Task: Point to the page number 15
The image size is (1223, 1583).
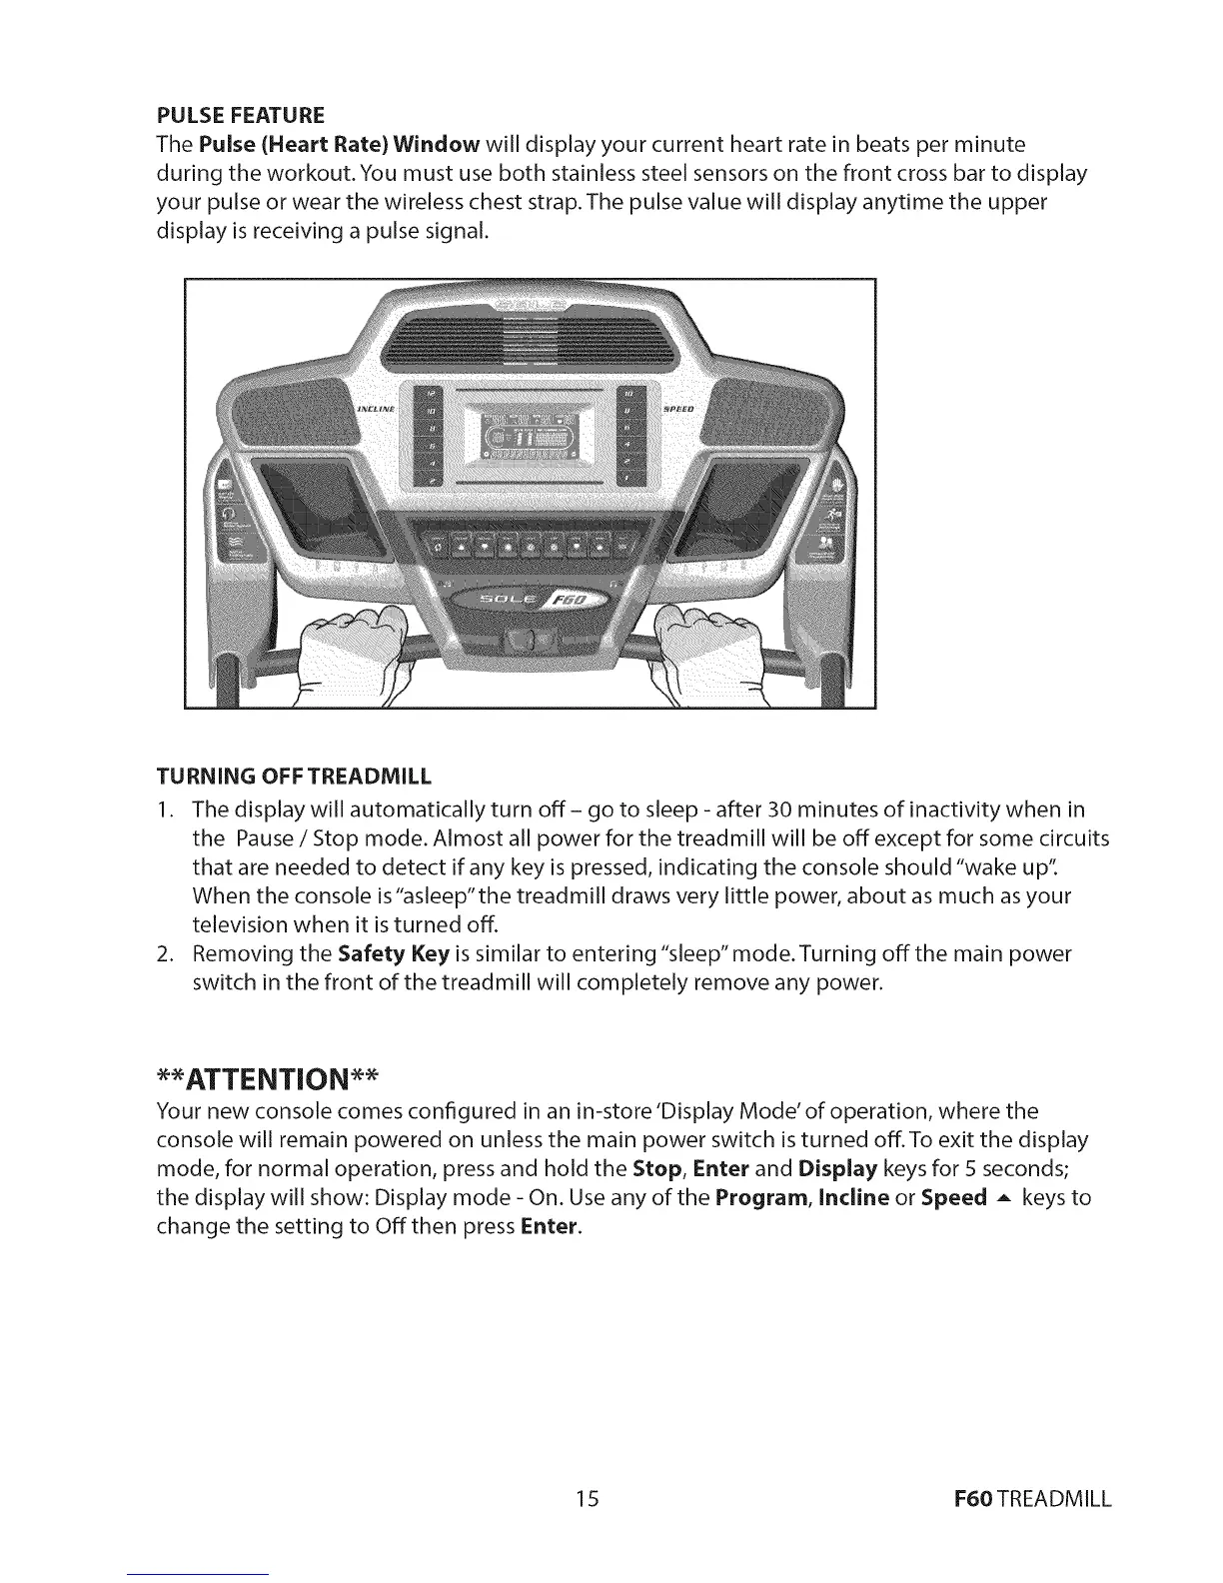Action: (x=587, y=1498)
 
